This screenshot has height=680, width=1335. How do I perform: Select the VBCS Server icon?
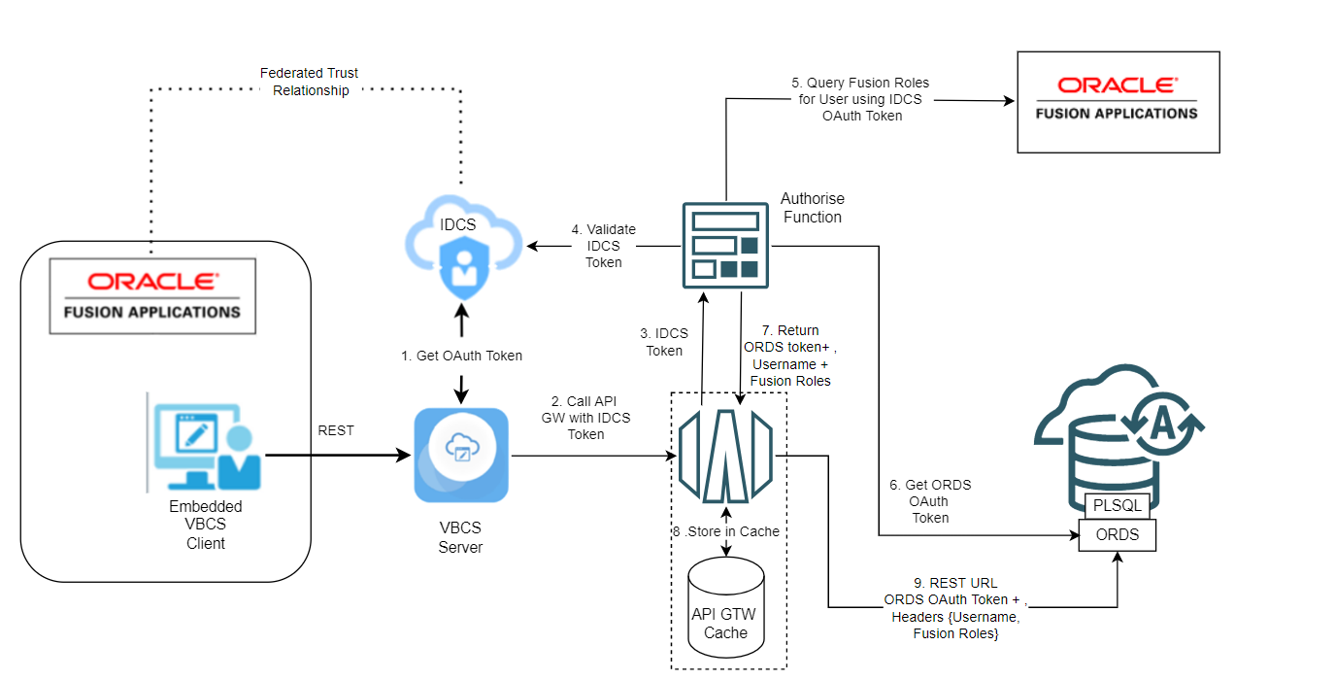click(x=461, y=455)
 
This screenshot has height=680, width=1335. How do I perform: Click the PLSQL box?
click(x=1117, y=505)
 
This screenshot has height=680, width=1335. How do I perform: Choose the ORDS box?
click(x=1118, y=534)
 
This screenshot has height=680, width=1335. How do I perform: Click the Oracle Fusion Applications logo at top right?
click(x=1118, y=102)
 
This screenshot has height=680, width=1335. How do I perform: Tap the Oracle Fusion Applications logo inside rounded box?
click(x=152, y=295)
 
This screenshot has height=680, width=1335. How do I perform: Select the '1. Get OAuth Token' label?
click(x=461, y=356)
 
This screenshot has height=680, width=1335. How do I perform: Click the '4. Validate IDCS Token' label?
click(x=603, y=246)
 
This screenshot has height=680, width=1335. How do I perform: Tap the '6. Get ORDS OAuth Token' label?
click(x=929, y=501)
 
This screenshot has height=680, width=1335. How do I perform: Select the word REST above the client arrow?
click(x=336, y=430)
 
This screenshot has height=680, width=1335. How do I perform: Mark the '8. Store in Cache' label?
click(x=725, y=531)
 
